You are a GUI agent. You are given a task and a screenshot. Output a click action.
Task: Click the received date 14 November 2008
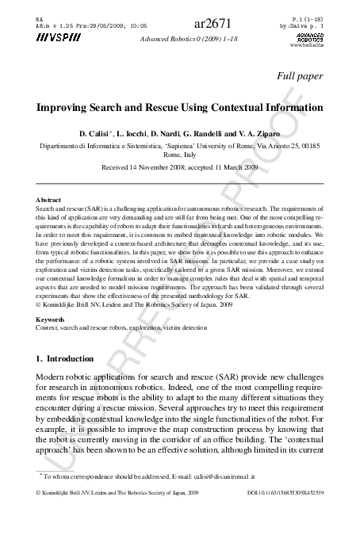[x=155, y=168]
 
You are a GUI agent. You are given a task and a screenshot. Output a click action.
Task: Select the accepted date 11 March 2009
[x=233, y=168]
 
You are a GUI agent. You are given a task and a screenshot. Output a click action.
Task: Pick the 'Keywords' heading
[x=52, y=319]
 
